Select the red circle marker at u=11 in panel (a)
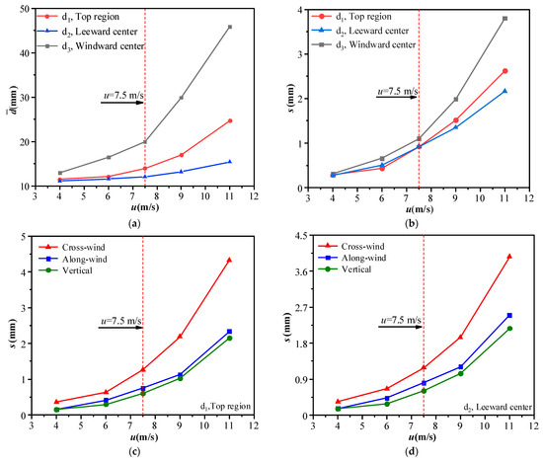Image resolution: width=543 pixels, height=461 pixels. [230, 120]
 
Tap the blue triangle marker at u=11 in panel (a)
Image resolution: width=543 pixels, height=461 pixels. [230, 162]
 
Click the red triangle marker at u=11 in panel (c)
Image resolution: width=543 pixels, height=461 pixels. [230, 260]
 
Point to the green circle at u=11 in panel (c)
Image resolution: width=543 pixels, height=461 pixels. [230, 339]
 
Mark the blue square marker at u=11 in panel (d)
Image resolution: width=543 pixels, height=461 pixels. [509, 316]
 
